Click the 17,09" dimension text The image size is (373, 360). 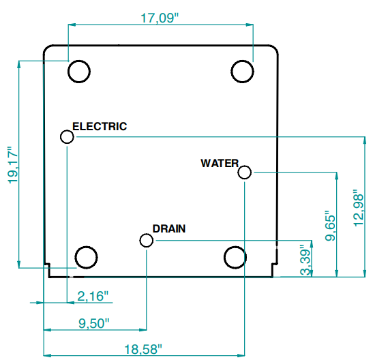pos(160,18)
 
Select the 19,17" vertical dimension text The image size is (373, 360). pos(13,165)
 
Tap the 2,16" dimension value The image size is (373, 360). pos(93,296)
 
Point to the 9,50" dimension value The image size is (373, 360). pos(94,323)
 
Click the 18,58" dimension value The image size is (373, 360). pos(143,349)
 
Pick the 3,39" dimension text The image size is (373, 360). pos(305,260)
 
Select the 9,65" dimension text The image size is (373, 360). pos(331,226)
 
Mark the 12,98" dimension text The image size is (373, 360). pos(359,208)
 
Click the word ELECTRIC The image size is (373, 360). pos(100,126)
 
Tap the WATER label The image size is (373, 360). pos(220,163)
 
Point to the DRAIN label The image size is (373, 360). pos(169,228)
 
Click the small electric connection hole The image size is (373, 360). pos(67,137)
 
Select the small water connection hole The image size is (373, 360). pos(245,172)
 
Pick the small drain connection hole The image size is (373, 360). pos(147,241)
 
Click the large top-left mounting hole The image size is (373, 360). pos(79,72)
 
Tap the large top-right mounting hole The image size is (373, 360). pos(242,72)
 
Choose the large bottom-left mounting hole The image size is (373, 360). pos(86,258)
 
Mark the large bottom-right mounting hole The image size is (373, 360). pos(235,258)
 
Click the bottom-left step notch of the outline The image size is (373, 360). pos(49,264)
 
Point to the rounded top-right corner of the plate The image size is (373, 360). pos(275,48)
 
